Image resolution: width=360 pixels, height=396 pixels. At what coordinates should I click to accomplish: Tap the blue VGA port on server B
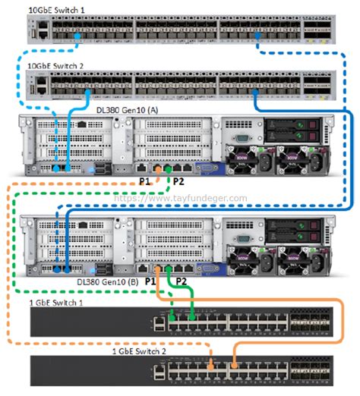click(x=204, y=268)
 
